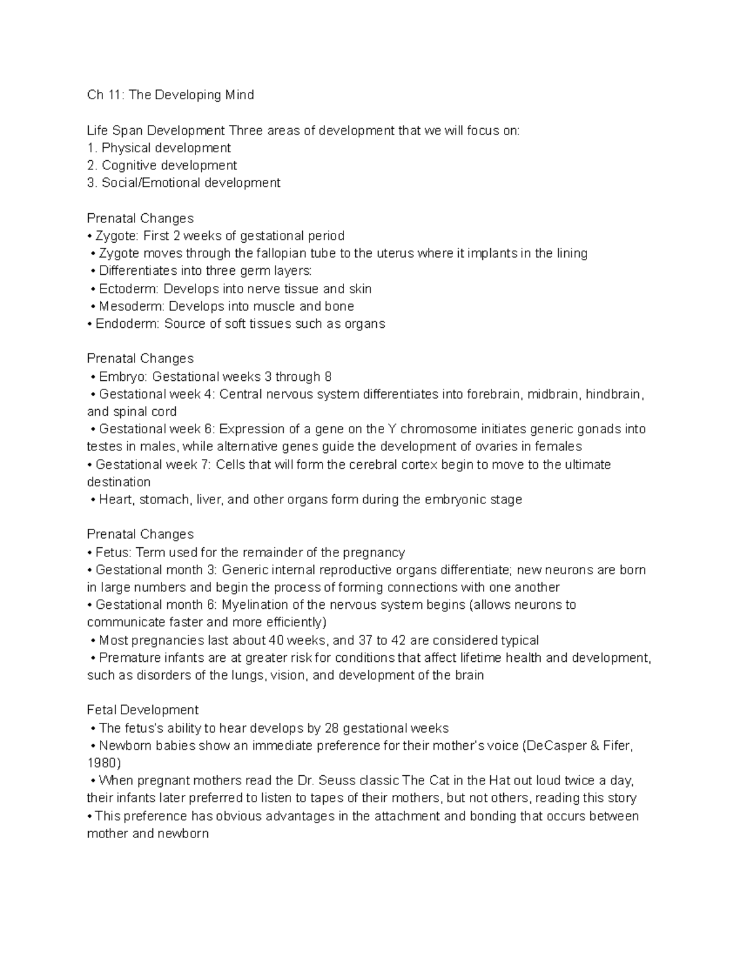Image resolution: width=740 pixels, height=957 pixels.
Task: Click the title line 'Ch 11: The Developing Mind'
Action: [x=170, y=95]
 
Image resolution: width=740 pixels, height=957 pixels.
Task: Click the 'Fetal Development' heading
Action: [x=142, y=711]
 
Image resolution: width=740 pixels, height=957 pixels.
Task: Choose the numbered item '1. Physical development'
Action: [x=159, y=148]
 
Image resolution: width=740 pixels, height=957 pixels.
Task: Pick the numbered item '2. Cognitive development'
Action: [x=162, y=165]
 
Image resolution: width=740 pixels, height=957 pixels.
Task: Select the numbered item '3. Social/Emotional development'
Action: [x=184, y=183]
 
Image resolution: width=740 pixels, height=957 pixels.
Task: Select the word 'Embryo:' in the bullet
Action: [x=123, y=377]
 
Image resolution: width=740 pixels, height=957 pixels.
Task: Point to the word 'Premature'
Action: [x=131, y=658]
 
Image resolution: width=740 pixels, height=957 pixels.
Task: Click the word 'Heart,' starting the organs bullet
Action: [x=117, y=500]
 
